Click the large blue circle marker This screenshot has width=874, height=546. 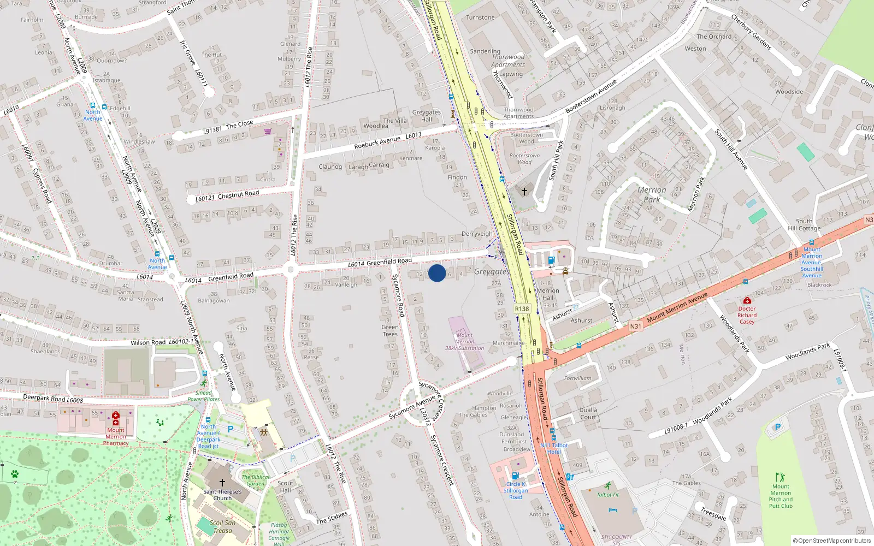point(437,273)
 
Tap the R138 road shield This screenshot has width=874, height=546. point(522,308)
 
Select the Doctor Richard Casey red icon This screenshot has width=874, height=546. point(747,300)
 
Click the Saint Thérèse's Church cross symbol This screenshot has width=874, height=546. point(222,483)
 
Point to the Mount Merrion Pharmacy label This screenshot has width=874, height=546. point(116,436)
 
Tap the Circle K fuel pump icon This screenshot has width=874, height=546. point(515,476)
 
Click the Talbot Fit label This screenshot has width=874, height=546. point(608,495)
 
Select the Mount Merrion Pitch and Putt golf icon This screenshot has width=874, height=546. point(780,477)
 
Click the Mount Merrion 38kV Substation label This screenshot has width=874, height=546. point(464,341)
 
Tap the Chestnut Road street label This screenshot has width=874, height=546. point(238,194)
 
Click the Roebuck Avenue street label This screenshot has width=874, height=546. point(377,143)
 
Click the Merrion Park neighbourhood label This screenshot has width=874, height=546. point(652,194)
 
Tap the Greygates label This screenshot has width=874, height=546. point(492,271)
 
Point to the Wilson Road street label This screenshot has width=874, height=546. point(148,342)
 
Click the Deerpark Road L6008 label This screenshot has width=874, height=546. point(53,399)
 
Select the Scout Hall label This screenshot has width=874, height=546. point(285,486)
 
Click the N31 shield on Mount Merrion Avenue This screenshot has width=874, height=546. point(635,327)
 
